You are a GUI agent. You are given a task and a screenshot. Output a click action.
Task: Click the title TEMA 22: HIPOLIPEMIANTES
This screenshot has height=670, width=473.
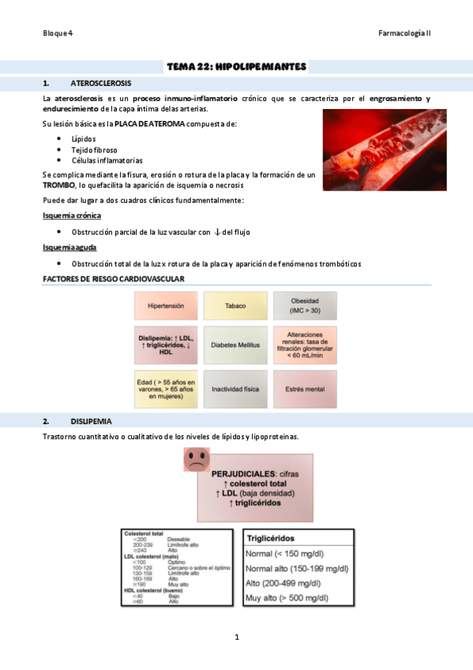point(236,66)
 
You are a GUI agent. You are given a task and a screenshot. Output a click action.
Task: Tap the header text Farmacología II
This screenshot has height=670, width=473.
point(404,33)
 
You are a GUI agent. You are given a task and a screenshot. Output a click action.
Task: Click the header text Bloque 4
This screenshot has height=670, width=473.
point(58,33)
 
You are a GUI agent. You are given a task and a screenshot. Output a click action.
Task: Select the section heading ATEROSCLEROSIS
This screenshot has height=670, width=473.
point(101,83)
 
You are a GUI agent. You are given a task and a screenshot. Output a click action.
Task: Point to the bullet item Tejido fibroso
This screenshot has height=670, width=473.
point(94,149)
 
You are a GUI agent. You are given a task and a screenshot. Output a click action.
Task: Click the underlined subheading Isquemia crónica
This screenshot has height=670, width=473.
point(71,215)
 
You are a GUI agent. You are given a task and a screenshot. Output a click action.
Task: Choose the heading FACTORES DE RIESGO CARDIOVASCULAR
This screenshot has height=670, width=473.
point(113,279)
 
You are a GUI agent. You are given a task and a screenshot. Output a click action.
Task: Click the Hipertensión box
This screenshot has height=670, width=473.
point(165,305)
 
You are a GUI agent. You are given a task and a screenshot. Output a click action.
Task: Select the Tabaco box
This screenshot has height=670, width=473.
point(235,305)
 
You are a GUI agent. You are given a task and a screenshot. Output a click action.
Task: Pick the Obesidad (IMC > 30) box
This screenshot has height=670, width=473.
point(304,305)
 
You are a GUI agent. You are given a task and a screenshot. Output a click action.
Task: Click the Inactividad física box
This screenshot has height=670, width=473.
point(235,389)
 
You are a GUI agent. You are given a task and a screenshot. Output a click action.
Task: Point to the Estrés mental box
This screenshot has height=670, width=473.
point(304,389)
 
